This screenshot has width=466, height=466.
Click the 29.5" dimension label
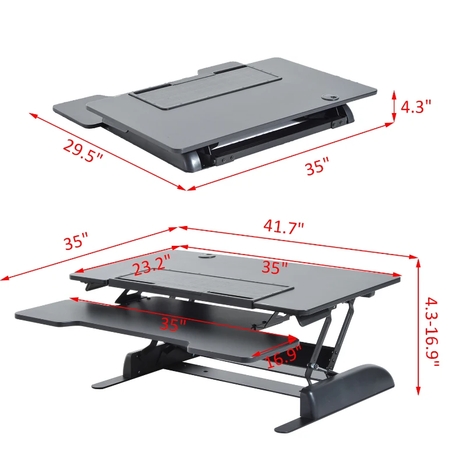click(x=83, y=153)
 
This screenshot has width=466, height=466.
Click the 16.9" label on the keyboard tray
click(x=284, y=355)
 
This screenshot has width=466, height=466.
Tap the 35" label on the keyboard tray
click(x=174, y=324)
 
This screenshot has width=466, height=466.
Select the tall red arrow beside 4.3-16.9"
click(x=418, y=326)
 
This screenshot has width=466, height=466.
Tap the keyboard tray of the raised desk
click(x=116, y=317)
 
